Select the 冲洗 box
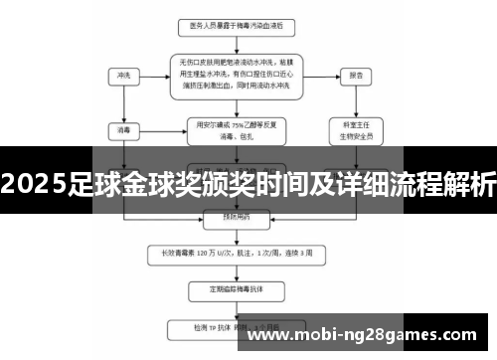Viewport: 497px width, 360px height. [123, 75]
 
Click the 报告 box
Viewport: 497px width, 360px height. [356, 75]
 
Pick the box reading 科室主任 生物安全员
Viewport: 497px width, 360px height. [356, 129]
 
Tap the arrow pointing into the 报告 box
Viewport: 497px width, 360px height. [323, 75]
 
